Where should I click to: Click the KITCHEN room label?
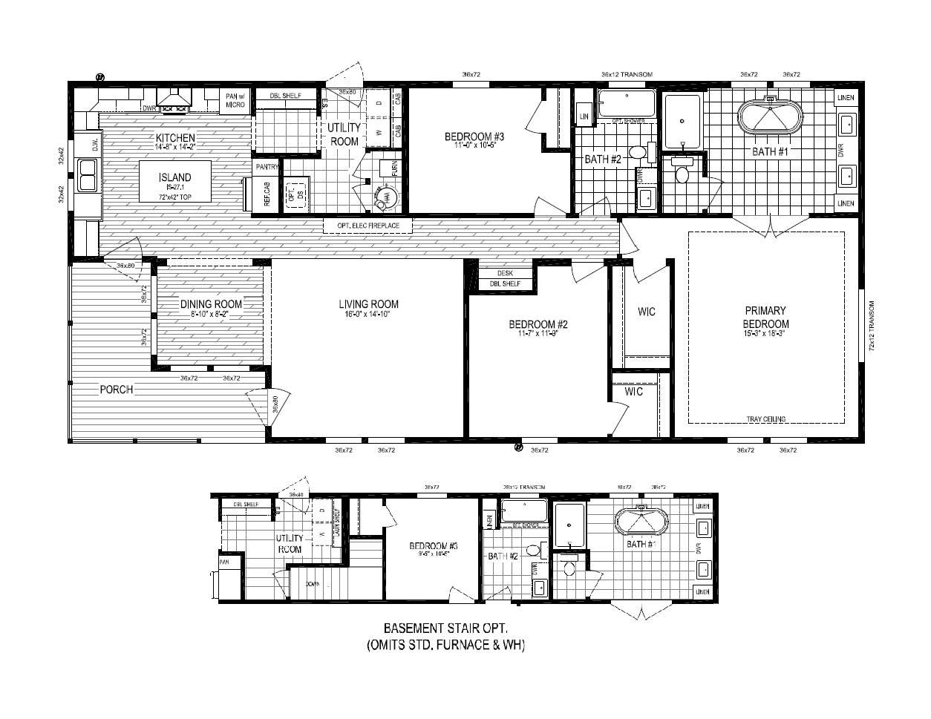coord(175,138)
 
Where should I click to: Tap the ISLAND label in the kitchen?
coord(175,177)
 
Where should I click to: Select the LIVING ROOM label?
coord(368,304)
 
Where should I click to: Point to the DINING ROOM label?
coord(212,304)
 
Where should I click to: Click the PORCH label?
coord(117,390)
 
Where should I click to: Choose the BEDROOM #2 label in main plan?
coord(538,324)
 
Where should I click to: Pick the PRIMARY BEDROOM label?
coord(766,318)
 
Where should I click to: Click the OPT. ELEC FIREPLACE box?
coord(367,226)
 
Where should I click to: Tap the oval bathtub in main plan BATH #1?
coord(770,117)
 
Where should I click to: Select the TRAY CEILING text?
coord(766,419)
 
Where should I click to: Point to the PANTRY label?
coord(267,168)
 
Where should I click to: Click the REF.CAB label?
coord(267,194)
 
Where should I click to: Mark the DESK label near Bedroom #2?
coord(505,273)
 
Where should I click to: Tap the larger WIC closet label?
coord(647,312)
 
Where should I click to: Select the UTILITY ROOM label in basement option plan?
coord(290,544)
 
